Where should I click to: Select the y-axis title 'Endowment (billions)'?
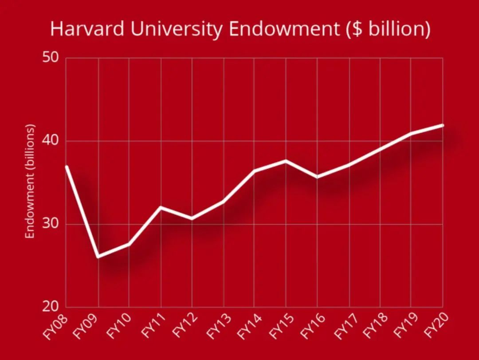pyautogui.click(x=30, y=182)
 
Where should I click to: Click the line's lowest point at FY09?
pyautogui.click(x=98, y=257)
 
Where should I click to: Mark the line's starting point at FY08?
pyautogui.click(x=66, y=166)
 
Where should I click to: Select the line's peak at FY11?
pyautogui.click(x=160, y=207)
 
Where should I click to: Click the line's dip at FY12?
pyautogui.click(x=192, y=218)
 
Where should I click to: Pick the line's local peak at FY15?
pyautogui.click(x=286, y=160)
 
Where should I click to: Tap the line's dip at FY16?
pyautogui.click(x=317, y=177)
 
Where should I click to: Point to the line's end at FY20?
pyautogui.click(x=442, y=125)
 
